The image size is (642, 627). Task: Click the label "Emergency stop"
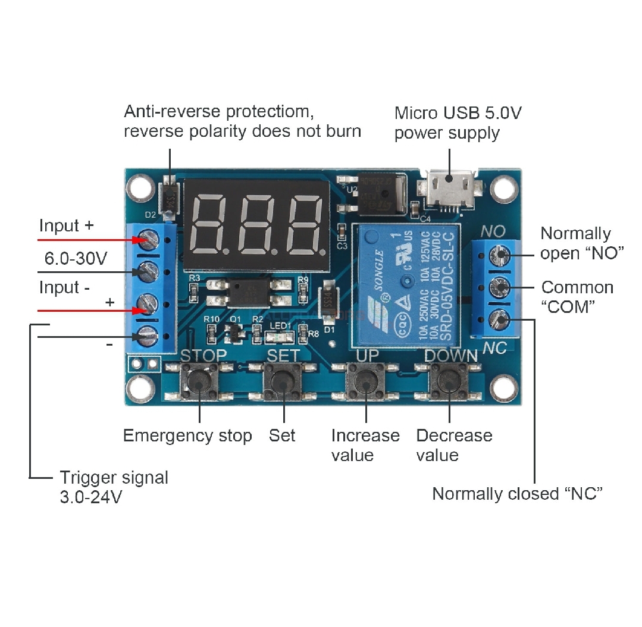pos(187,435)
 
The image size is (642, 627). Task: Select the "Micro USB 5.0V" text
pos(458,113)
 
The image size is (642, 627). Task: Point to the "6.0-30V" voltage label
pos(76,259)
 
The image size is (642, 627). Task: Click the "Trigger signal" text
pos(114,478)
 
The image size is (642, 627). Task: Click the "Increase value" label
pos(365,445)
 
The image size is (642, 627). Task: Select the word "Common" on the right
pos(577,287)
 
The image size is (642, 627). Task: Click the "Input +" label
pos(66,226)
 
